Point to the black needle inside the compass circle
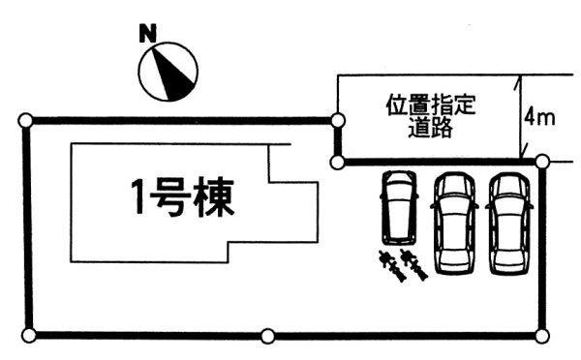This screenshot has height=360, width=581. (174, 71)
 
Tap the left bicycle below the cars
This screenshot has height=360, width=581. (391, 261)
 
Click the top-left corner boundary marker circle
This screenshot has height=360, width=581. (25, 119)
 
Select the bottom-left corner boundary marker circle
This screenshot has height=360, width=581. (29, 335)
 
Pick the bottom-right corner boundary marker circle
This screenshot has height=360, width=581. (541, 335)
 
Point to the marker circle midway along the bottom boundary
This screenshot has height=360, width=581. (267, 336)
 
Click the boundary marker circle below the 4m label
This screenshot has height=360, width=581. (540, 161)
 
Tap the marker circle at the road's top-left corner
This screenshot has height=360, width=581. (337, 120)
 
